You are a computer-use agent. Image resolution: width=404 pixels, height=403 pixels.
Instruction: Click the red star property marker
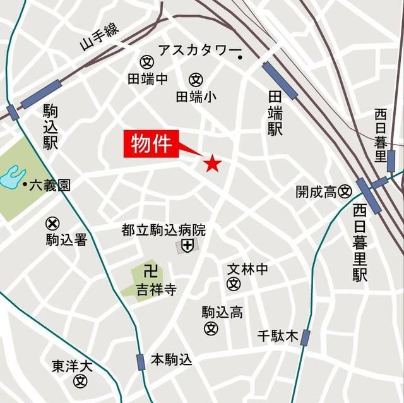(x=212, y=164)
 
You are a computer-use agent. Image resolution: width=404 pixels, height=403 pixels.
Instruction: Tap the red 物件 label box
(x=151, y=145)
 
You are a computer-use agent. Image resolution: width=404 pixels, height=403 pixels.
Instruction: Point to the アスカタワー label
(x=195, y=50)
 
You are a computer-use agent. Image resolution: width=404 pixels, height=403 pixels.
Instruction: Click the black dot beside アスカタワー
(x=241, y=58)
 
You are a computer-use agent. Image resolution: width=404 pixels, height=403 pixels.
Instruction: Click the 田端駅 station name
(x=275, y=112)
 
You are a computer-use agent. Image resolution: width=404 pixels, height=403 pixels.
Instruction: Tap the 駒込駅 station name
(x=50, y=127)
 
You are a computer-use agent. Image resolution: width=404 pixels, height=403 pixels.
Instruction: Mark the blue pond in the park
(x=13, y=177)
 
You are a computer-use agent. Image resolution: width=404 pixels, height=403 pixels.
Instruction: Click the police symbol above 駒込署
(x=53, y=223)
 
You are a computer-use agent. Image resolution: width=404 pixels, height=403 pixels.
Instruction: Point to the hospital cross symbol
(x=187, y=246)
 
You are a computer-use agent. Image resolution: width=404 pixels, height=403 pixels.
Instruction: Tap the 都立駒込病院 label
(x=163, y=231)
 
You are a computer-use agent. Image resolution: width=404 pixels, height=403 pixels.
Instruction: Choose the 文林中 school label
(x=247, y=270)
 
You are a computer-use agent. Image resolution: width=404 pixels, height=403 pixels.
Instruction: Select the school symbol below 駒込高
(x=211, y=328)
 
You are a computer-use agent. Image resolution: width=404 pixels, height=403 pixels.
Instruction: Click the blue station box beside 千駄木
(x=306, y=337)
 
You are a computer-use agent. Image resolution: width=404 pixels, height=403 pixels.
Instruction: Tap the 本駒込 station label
(x=171, y=360)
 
